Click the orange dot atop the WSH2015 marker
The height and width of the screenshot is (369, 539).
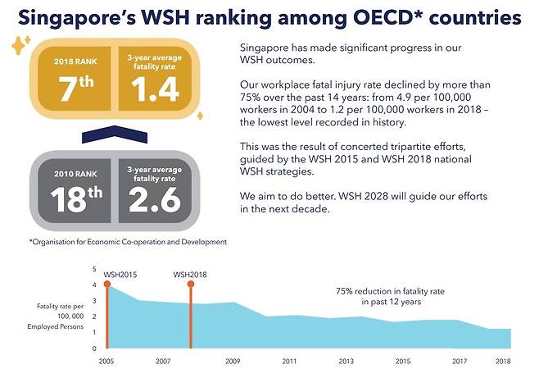coord(107,285)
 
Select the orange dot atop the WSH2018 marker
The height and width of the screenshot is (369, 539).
coord(192,285)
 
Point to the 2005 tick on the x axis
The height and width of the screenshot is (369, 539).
coord(106,361)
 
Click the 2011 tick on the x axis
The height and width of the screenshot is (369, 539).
coord(288,361)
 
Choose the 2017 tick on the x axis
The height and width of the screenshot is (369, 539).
coord(460,361)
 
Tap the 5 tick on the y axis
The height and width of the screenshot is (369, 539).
coord(95,269)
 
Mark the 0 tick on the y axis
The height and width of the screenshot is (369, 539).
coord(95,348)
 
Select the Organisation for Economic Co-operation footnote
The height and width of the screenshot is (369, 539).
coord(128,242)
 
